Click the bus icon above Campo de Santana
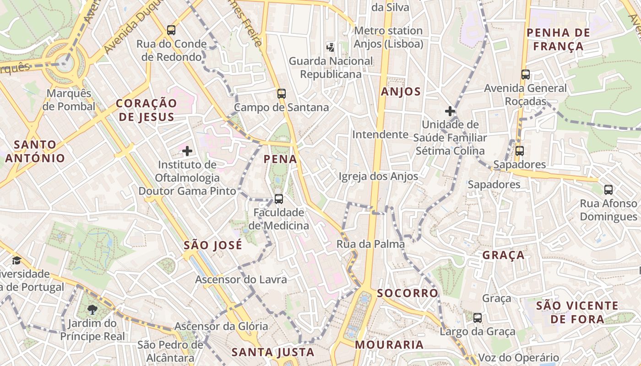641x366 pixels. point(281,94)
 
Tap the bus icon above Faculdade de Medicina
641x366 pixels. point(278,199)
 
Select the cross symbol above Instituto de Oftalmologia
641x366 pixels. point(187,151)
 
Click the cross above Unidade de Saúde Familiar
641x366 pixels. point(450,111)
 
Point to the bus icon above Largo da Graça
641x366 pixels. point(478,318)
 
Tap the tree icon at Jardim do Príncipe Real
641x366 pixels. point(92,310)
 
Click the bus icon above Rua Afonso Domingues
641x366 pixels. point(608,189)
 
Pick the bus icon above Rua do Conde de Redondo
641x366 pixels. point(171,30)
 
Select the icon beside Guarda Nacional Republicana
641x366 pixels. point(330,47)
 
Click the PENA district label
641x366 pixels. point(280,159)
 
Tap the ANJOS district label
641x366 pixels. point(401,91)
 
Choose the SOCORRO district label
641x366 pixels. point(407,293)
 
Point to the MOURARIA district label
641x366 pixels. point(389,344)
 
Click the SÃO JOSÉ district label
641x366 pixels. point(212,245)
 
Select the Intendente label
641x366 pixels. point(380,135)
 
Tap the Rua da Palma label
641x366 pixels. point(370,244)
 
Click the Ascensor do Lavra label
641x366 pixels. point(241,279)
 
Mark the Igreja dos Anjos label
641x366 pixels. point(378,176)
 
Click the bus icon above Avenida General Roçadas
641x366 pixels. point(525,75)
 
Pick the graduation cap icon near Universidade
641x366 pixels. point(17,260)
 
